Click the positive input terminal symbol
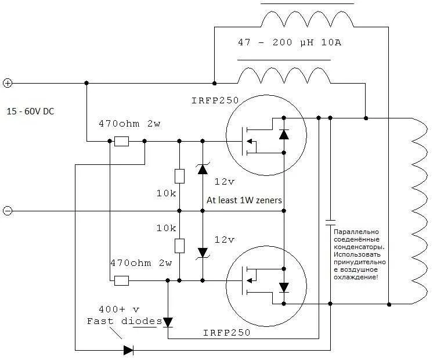[x=8, y=83]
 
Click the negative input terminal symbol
[x=8, y=211]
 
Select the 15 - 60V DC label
[x=30, y=111]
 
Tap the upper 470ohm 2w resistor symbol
[x=121, y=141]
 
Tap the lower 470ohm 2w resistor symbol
[x=121, y=280]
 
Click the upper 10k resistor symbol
[x=179, y=177]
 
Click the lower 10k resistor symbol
[x=179, y=246]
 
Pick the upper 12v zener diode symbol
[x=203, y=168]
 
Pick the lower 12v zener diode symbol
[x=203, y=253]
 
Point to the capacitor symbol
[x=330, y=222]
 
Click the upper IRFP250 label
[x=215, y=100]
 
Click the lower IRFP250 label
[x=226, y=332]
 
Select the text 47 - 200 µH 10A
[x=290, y=42]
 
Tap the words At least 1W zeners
[x=244, y=200]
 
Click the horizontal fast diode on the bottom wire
[x=128, y=350]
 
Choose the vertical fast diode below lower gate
[x=168, y=322]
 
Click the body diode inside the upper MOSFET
[x=284, y=135]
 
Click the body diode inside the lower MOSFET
[x=284, y=287]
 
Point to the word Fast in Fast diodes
[x=100, y=321]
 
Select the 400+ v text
[x=119, y=309]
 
